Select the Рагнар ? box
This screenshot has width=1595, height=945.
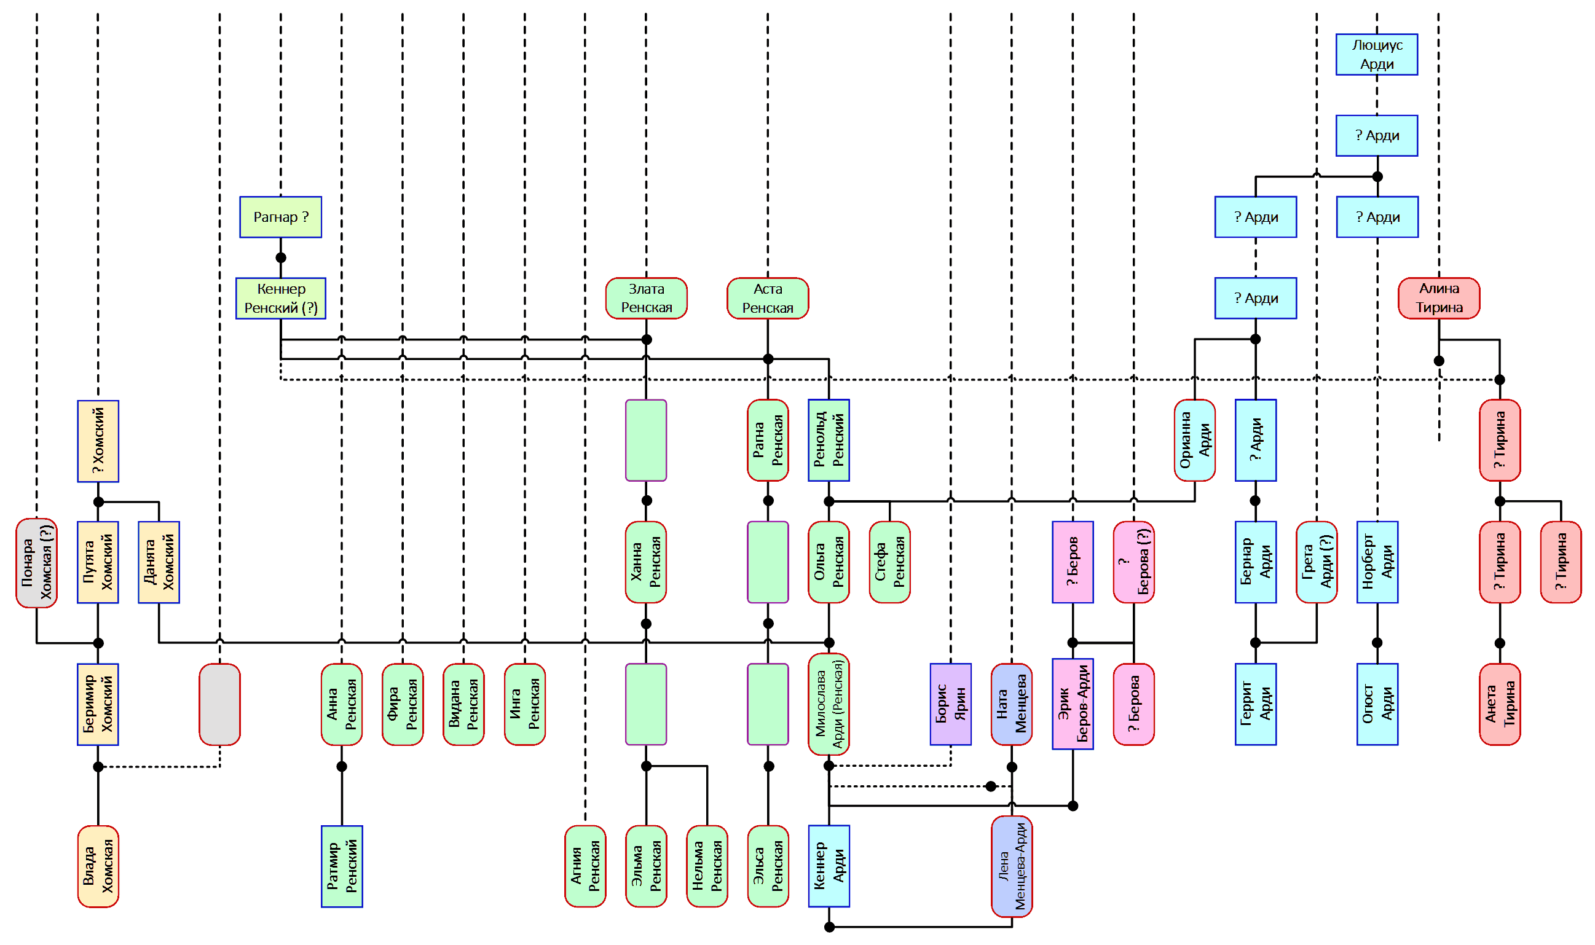coord(280,217)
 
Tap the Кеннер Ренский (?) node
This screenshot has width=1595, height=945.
coord(280,298)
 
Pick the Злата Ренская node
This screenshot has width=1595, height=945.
coord(646,298)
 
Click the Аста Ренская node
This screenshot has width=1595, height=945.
coord(768,298)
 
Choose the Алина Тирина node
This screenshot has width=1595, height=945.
coord(1438,298)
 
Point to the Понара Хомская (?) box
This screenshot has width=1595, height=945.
coord(36,563)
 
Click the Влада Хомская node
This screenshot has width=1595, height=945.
coord(98,866)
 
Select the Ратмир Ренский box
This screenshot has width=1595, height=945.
coord(341,866)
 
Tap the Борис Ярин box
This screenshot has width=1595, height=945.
coord(950,704)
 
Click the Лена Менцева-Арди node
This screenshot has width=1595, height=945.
coord(1012,866)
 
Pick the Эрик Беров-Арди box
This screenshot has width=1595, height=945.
coord(1073,704)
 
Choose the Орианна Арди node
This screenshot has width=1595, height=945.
coord(1194,440)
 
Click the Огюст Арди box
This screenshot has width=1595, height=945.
coord(1377,704)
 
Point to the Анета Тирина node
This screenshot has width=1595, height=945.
coord(1500,704)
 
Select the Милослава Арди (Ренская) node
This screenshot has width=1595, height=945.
coord(829,704)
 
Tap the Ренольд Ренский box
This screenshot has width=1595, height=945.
coord(829,440)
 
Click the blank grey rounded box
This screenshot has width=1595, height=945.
coord(220,704)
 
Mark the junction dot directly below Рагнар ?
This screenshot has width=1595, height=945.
coord(281,258)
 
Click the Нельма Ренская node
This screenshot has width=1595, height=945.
coord(707,866)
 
